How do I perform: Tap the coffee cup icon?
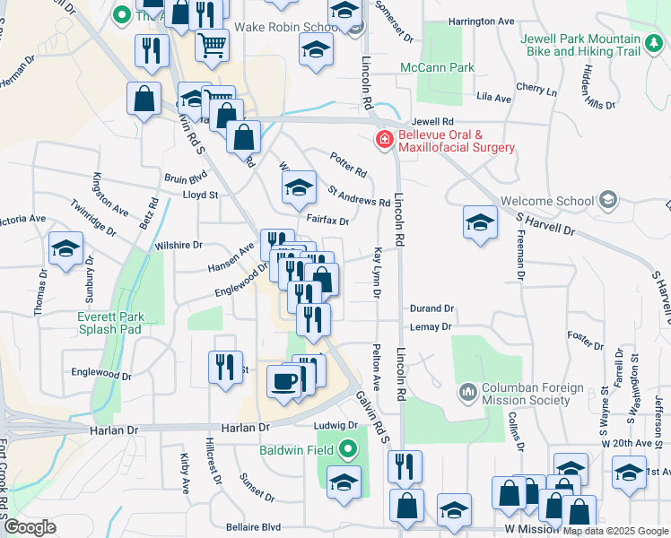[285, 381]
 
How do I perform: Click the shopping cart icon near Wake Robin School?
[211, 42]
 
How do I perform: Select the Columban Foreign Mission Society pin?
[466, 392]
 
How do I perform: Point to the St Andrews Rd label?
[358, 195]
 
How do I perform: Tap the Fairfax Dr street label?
[327, 219]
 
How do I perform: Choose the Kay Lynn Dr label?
[378, 273]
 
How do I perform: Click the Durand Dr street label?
[431, 308]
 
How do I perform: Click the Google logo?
[30, 527]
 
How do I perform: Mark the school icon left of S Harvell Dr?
[480, 221]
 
